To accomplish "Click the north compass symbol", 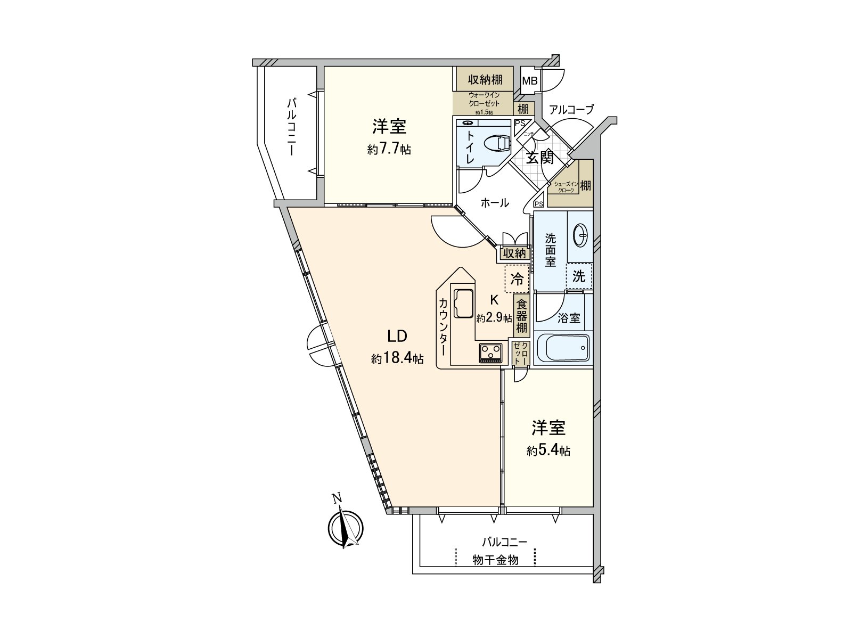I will click(x=346, y=528).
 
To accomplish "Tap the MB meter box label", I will click(x=529, y=81).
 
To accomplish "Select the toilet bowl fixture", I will click(x=497, y=143).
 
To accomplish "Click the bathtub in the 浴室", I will click(x=562, y=348).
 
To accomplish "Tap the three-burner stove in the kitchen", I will click(x=491, y=352).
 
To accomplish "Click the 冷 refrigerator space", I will click(x=517, y=278).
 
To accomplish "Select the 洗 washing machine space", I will click(x=579, y=276).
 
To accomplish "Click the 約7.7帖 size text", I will click(x=389, y=150).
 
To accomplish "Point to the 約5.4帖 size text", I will click(x=548, y=451).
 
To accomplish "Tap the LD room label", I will click(x=397, y=336).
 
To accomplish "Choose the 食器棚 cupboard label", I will click(x=522, y=316).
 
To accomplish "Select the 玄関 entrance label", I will click(x=539, y=158).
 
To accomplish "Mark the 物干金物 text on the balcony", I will click(x=495, y=560).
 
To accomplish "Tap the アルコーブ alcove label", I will click(x=571, y=110).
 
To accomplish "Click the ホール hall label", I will click(x=495, y=202).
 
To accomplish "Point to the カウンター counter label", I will click(x=443, y=326).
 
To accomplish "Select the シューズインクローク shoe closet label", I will click(x=564, y=186).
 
